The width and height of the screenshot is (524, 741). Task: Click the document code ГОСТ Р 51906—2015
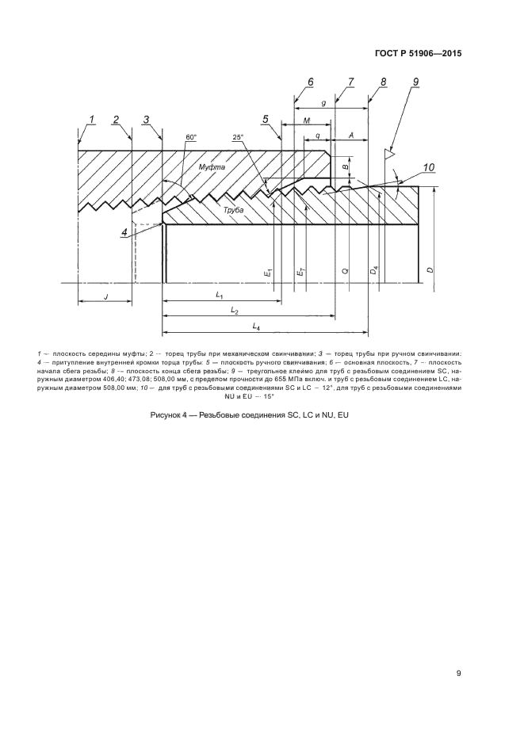click(x=417, y=54)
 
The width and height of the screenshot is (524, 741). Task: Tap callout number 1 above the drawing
click(x=92, y=120)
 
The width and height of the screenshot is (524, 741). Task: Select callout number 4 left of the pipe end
click(x=124, y=231)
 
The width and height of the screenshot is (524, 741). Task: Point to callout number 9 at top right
click(x=415, y=82)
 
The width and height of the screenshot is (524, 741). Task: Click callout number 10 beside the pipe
click(x=428, y=167)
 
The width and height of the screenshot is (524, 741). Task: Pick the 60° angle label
click(x=190, y=138)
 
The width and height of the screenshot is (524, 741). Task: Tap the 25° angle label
click(x=239, y=138)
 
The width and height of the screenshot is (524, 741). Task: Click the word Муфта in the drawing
click(x=212, y=167)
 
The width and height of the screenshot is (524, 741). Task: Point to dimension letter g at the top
click(x=325, y=103)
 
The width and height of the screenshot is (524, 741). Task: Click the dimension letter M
click(x=306, y=120)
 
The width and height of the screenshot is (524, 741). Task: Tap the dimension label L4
click(x=256, y=327)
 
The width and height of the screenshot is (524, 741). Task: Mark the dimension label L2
click(x=235, y=311)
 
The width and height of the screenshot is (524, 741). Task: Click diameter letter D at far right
click(x=429, y=270)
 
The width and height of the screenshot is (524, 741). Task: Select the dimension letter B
click(x=345, y=167)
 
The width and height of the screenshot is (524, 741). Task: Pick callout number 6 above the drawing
click(x=311, y=82)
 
